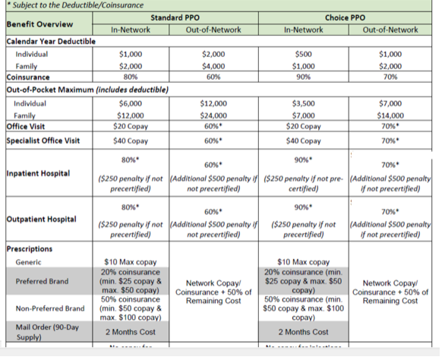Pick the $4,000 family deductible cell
point(213,67)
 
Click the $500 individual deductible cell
point(303,55)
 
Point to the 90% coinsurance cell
point(303,77)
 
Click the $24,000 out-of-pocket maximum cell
point(213,115)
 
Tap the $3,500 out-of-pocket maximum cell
point(303,103)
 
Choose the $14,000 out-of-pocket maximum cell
point(391,115)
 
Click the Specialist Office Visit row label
point(43,141)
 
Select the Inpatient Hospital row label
point(37,174)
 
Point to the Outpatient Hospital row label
point(40,219)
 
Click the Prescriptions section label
point(28,249)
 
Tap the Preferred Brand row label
point(43,282)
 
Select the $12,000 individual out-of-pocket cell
point(213,103)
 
